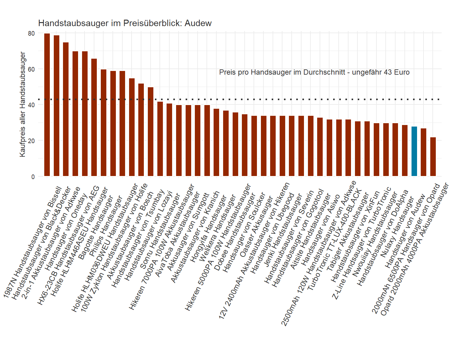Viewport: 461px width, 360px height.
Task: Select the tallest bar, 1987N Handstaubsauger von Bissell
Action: [47, 104]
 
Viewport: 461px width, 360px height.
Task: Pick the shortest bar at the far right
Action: [433, 157]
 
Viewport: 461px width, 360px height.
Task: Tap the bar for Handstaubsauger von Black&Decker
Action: [57, 106]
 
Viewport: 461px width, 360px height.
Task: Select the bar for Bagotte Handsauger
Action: [104, 123]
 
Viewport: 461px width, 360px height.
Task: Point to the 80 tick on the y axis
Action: [31, 33]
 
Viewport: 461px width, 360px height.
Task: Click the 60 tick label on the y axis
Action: [31, 69]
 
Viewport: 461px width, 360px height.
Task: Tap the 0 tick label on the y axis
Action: [33, 177]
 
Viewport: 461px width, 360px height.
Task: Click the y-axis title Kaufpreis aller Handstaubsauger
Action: [22, 104]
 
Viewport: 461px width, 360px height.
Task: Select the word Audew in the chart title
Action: [198, 23]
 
